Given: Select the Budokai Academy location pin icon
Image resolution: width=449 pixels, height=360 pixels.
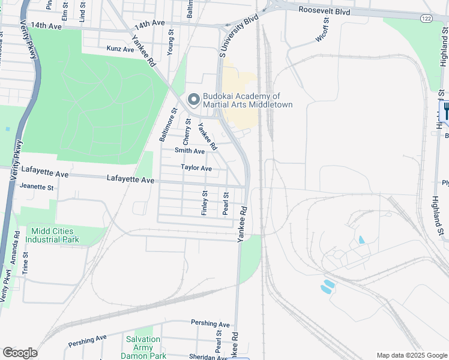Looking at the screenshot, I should tap(194, 100).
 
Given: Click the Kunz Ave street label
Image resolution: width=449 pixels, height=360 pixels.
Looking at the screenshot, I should tap(120, 49).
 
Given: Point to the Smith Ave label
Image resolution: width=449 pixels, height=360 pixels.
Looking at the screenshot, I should tap(190, 151).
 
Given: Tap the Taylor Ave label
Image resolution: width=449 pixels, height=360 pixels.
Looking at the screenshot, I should tap(196, 168).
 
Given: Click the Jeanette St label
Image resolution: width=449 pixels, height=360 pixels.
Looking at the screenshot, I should tap(37, 187).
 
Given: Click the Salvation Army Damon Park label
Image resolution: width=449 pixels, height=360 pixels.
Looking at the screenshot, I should tap(143, 347).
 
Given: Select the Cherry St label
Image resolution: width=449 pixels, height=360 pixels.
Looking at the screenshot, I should tap(187, 131).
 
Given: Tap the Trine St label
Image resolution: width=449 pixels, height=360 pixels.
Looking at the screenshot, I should tap(25, 263).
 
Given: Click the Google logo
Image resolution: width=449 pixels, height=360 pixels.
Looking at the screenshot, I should tap(20, 353).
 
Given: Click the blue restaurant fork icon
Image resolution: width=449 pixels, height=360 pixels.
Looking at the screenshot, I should tap(445, 111).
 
